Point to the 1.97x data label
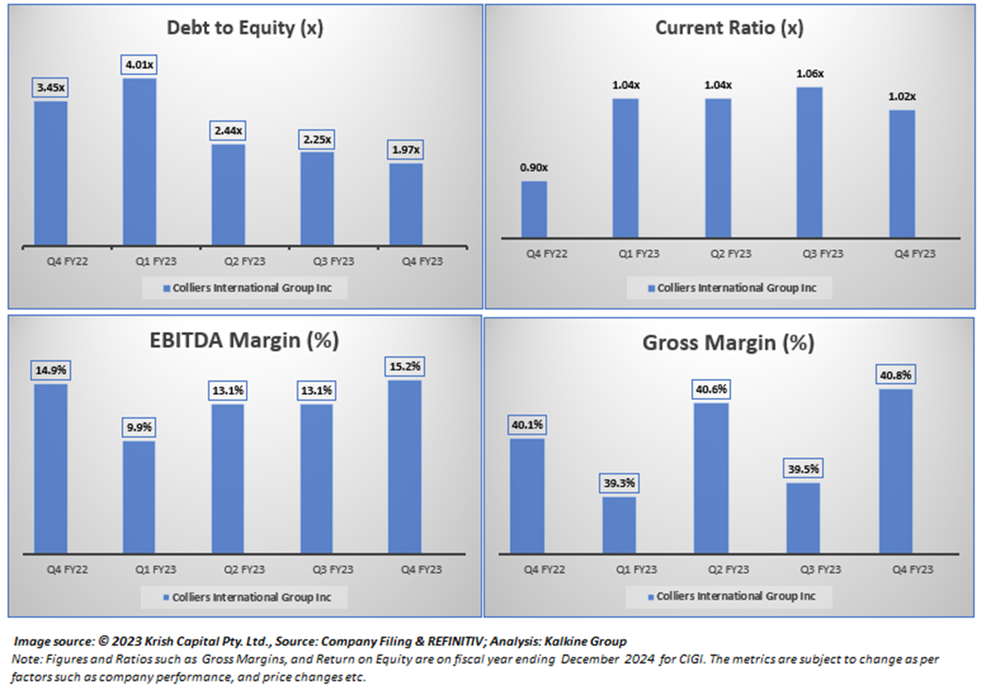[x=405, y=149]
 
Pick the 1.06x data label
[x=810, y=73]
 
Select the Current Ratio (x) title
[x=729, y=28]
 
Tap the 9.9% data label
[x=139, y=427]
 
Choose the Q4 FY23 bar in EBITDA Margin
[x=404, y=466]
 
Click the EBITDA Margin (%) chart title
[x=243, y=340]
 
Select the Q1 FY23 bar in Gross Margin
[x=619, y=524]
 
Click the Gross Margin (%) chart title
[x=728, y=343]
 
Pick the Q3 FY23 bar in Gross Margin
[x=803, y=518]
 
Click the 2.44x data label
[x=228, y=130]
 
